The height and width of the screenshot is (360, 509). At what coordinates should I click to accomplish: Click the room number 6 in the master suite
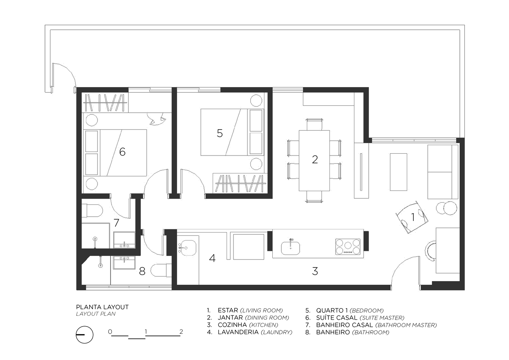pos(122,152)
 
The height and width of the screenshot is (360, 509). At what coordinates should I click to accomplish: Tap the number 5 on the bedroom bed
pos(219,133)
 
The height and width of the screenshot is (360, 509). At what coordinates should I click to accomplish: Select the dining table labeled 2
pos(314,161)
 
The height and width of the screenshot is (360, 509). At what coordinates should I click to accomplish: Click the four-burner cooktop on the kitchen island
pos(348,247)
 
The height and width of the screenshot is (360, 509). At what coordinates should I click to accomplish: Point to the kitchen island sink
pos(290,248)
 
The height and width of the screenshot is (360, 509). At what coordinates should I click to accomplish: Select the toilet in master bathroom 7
pos(92,211)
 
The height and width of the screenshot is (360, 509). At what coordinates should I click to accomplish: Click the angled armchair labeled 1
pos(412,218)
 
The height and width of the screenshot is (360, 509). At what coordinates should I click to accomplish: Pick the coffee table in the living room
pos(398,172)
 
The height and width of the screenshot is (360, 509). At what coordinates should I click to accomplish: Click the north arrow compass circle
pos(85,334)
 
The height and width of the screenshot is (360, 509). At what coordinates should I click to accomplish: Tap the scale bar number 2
pos(181,332)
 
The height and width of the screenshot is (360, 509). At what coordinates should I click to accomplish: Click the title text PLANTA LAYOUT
pos(102,307)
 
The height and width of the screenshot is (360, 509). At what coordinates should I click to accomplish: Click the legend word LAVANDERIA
pos(238,332)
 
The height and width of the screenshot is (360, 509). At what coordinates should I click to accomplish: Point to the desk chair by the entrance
pos(430,251)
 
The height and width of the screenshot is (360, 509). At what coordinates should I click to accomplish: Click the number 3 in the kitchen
pos(315,271)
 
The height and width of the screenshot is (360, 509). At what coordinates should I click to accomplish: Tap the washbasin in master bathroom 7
pos(124,240)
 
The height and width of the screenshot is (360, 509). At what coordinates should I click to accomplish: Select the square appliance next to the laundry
pos(249,247)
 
